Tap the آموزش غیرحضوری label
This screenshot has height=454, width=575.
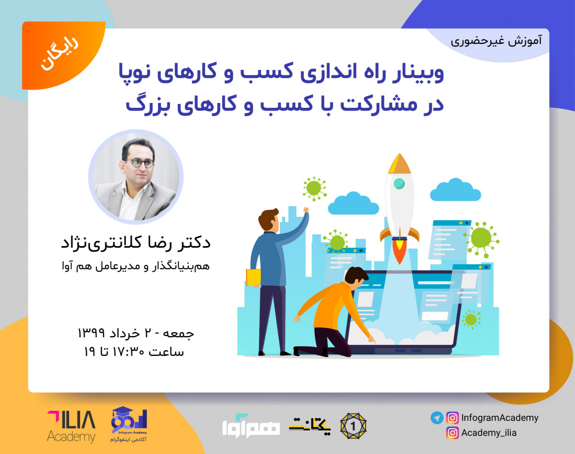tap(496, 41)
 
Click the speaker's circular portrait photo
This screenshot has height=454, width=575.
tap(135, 176)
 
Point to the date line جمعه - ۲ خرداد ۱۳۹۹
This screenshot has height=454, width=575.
tap(136, 332)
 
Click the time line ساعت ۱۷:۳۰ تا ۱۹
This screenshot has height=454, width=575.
tap(134, 352)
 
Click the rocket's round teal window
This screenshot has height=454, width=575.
tap(399, 183)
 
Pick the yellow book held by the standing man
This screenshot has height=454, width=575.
tap(253, 277)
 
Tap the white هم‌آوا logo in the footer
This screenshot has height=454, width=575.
tap(251, 424)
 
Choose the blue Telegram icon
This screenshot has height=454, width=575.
tap(437, 418)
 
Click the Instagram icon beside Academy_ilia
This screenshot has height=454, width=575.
tap(452, 433)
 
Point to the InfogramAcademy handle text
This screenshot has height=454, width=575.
tap(499, 418)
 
